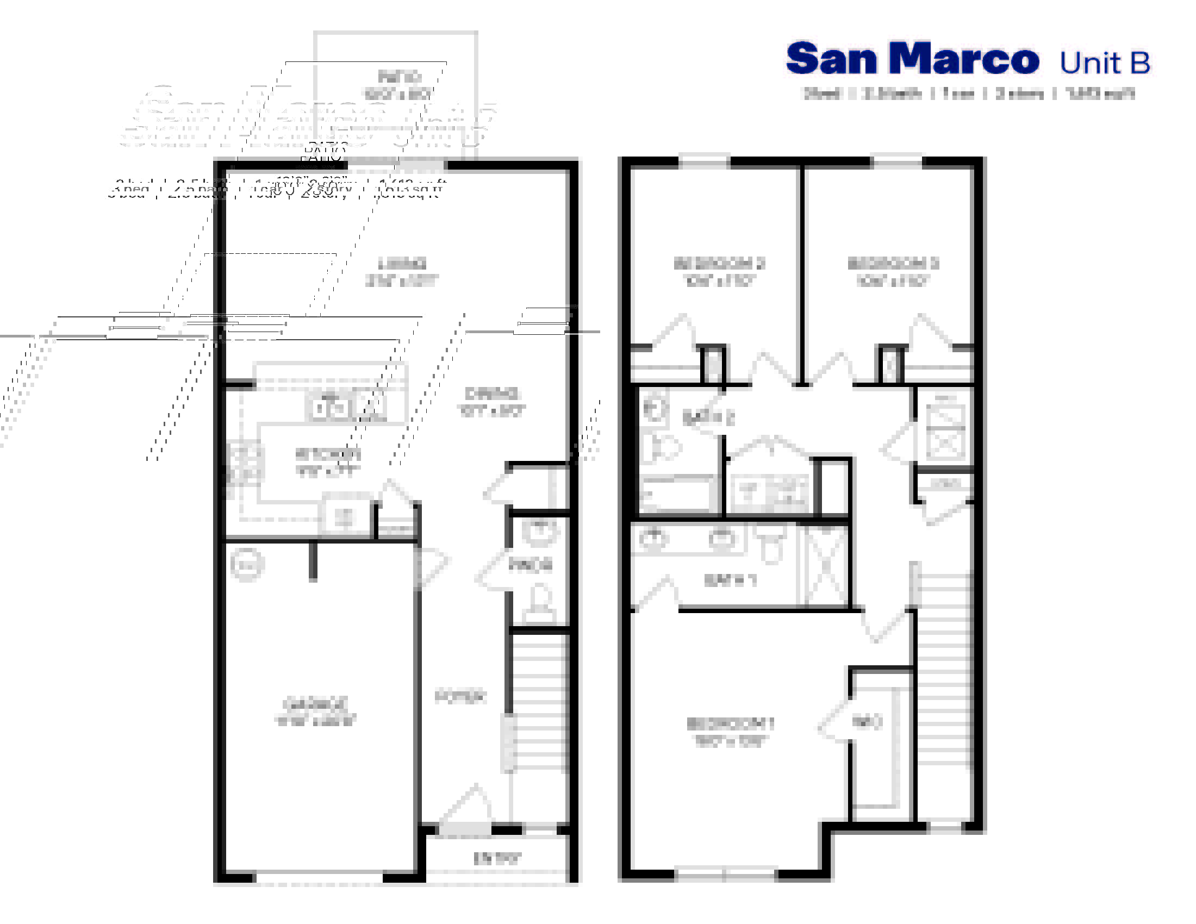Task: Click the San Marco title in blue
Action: click(912, 59)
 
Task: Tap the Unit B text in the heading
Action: click(1105, 63)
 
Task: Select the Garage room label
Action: click(315, 704)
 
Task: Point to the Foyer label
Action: click(460, 696)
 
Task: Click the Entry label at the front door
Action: click(497, 858)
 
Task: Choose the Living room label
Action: click(402, 263)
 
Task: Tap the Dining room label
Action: click(491, 394)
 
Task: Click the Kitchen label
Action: click(327, 454)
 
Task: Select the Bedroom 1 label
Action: click(730, 724)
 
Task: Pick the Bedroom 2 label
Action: click(719, 263)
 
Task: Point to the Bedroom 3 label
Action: click(893, 263)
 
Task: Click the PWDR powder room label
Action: click(530, 564)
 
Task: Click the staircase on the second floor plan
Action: click(943, 668)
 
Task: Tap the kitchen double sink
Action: click(329, 408)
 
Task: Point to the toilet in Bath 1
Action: click(771, 545)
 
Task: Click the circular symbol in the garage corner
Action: click(247, 564)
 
